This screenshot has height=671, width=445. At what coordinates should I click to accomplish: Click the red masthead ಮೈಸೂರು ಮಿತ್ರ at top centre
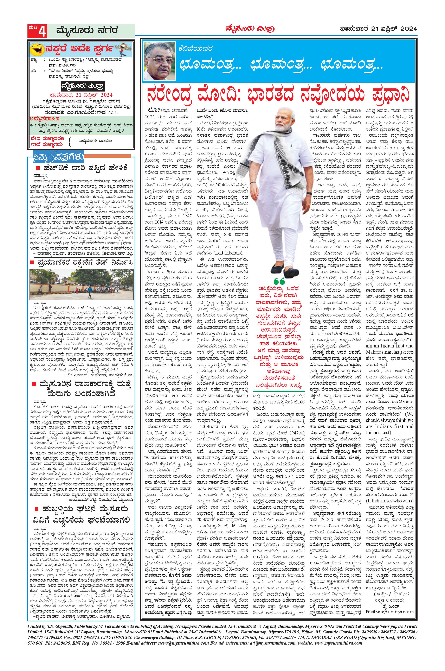[250, 29]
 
